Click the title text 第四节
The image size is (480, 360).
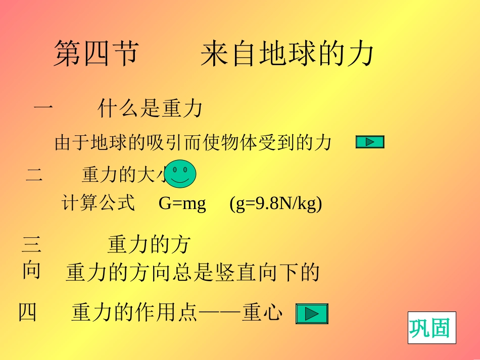coord(96,54)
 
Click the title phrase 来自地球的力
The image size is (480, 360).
coord(286,54)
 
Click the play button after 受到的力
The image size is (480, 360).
coord(370,142)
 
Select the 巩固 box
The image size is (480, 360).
coord(431,328)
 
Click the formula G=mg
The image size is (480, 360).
coord(182,203)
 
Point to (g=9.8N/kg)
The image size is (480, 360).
coord(275,203)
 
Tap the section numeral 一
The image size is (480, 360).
coord(43,108)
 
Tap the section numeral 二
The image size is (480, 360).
coord(34,175)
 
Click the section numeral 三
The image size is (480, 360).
coord(31,245)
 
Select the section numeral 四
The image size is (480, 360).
coord(27,313)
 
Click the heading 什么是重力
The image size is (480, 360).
coord(150,109)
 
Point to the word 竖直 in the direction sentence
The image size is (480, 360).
coord(231,273)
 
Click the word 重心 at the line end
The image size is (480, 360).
coord(262,313)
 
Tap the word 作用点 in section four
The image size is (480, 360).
coord(156,313)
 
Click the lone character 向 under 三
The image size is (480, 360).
coord(31,271)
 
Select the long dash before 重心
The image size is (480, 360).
coord(220,313)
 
